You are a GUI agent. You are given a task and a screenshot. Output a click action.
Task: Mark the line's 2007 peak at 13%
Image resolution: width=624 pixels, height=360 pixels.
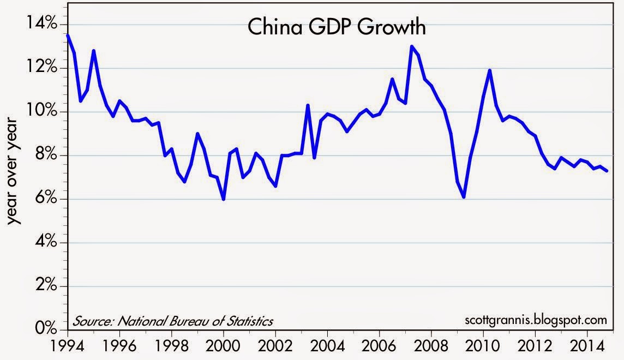[411, 46]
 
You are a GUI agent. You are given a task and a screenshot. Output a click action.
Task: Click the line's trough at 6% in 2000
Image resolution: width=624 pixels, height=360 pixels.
[224, 199]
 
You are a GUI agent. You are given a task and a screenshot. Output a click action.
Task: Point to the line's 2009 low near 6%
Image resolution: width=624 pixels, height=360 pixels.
[464, 197]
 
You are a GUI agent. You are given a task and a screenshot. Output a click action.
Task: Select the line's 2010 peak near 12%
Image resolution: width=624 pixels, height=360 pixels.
[490, 70]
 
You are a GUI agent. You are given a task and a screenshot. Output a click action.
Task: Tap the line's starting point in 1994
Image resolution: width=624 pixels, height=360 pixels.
[67, 35]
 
